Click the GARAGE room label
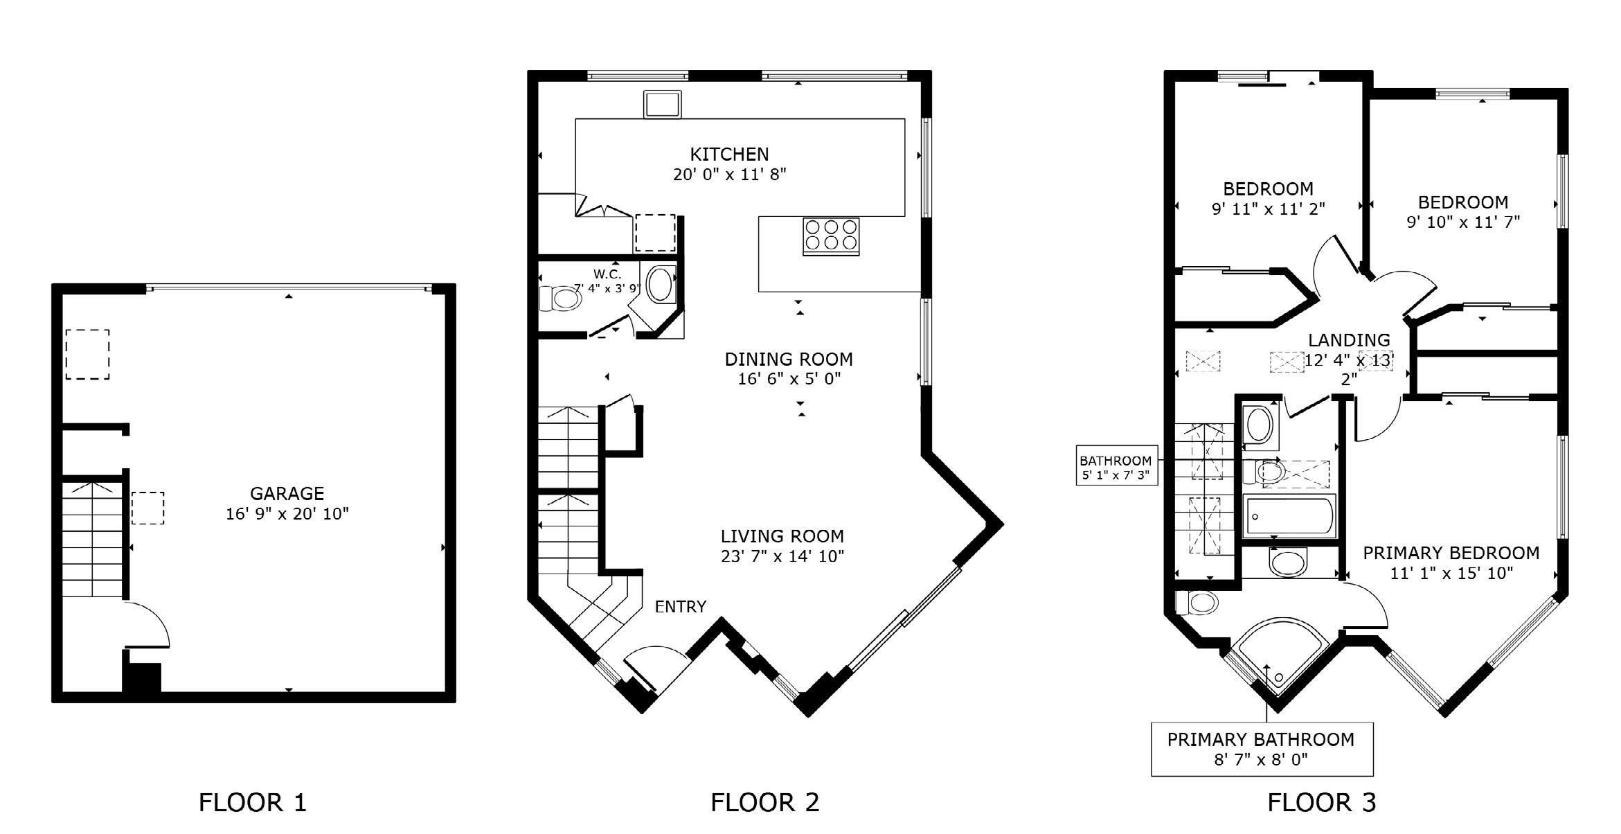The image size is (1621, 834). click(287, 493)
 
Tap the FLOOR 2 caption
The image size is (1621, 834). click(764, 802)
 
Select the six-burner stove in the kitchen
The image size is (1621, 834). click(831, 236)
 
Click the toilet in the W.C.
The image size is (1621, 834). click(559, 299)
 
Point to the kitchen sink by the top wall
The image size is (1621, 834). click(662, 104)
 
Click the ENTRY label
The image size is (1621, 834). click(681, 607)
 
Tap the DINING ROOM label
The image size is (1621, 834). click(789, 359)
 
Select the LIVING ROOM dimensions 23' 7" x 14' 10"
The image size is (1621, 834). click(782, 556)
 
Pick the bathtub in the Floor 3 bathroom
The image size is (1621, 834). click(1289, 517)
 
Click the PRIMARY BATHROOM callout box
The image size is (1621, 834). click(1262, 749)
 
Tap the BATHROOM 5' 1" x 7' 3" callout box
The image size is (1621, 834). click(1116, 466)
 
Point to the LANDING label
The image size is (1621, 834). click(1349, 340)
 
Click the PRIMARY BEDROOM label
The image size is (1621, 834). click(1451, 553)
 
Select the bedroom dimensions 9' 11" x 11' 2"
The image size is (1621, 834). click(1269, 208)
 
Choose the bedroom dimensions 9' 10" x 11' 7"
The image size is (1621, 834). click(1463, 222)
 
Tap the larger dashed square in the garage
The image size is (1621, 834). click(87, 355)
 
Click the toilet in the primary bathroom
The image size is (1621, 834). click(1197, 603)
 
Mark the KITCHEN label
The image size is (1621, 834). click(729, 154)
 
